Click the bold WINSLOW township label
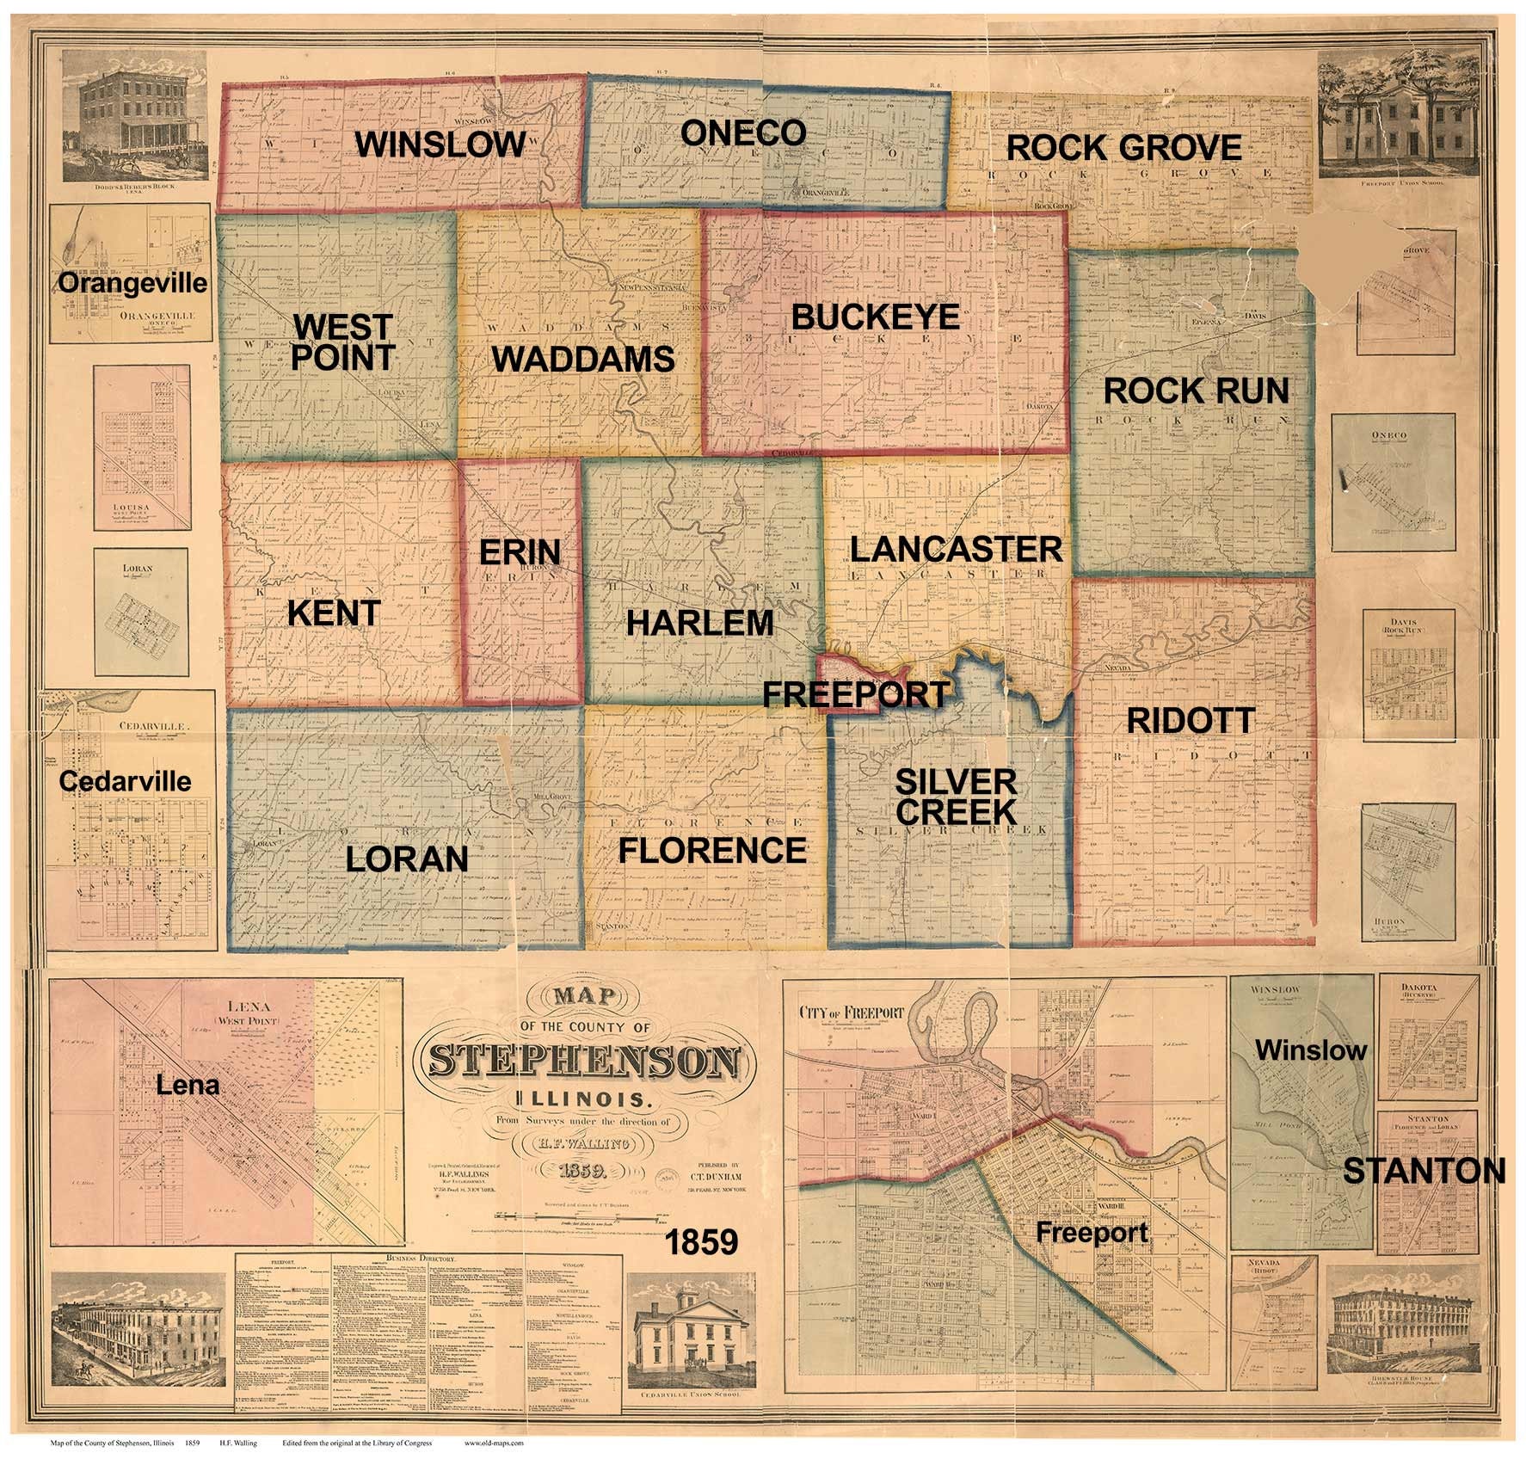[440, 144]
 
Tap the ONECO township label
[743, 132]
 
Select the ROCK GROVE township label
[1124, 148]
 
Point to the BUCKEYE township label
[875, 317]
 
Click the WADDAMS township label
[582, 359]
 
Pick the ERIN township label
[520, 551]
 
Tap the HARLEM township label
[699, 622]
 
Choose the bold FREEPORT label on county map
[856, 693]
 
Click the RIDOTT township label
[1191, 721]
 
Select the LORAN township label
[407, 859]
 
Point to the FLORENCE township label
[712, 850]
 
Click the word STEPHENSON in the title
[584, 1063]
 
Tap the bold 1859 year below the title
[702, 1242]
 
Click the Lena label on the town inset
[188, 1086]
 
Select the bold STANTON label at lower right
[1424, 1171]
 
